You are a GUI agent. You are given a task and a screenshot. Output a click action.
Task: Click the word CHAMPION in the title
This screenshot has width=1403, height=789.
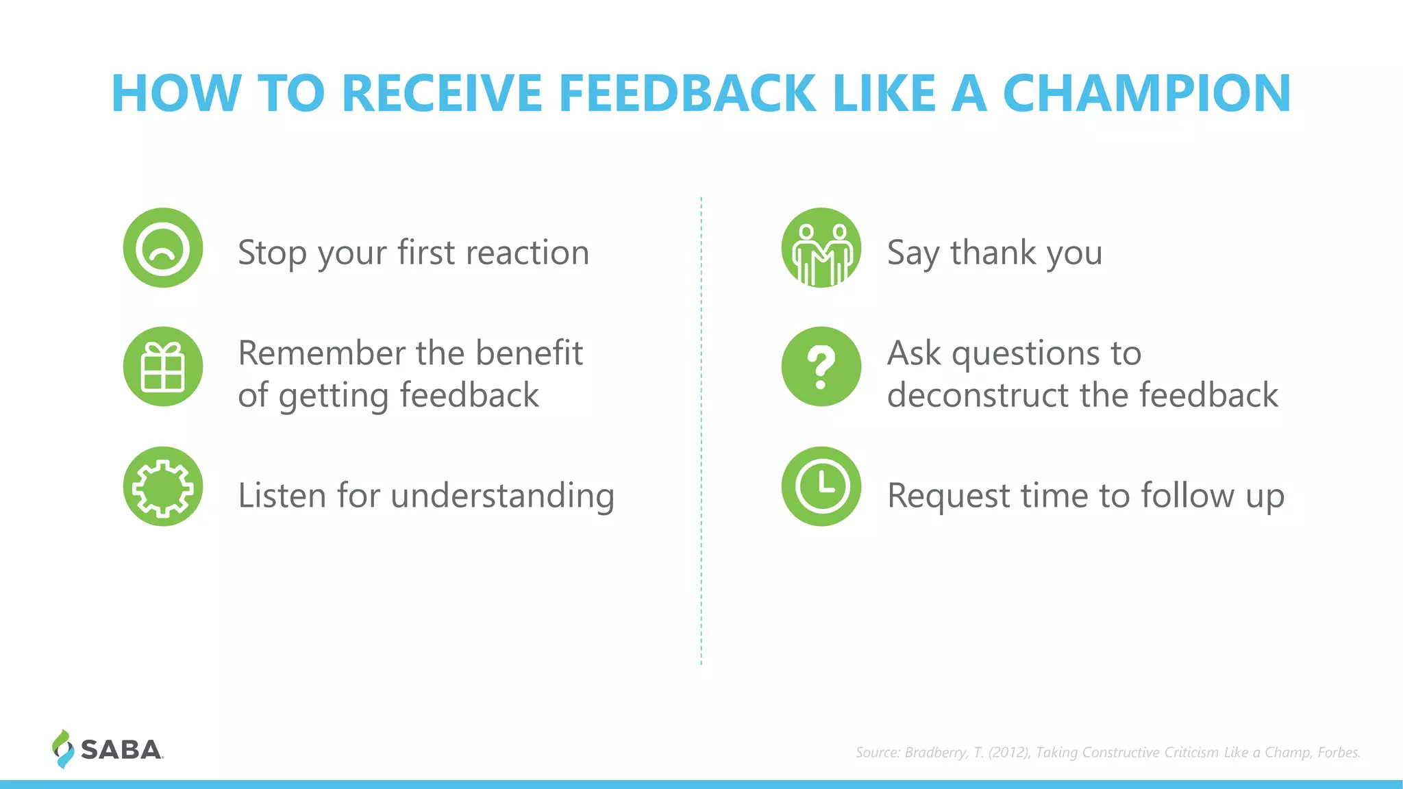[x=1147, y=94]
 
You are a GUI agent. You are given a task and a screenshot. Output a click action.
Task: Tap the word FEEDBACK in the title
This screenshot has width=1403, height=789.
[x=688, y=94]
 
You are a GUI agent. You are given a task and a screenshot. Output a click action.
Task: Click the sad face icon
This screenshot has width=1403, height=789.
[x=163, y=248]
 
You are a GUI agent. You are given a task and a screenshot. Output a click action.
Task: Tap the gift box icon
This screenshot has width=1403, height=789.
[x=163, y=366]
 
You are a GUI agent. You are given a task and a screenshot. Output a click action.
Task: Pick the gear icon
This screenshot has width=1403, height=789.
[x=163, y=486]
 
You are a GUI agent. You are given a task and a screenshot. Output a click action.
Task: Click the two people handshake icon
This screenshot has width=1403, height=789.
[x=821, y=248]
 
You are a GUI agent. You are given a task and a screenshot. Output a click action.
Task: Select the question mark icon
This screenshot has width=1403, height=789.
[x=821, y=366]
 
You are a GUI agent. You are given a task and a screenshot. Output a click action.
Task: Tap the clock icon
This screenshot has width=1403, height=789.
[x=821, y=486]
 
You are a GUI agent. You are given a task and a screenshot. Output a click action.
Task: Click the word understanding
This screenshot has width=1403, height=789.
[x=502, y=496]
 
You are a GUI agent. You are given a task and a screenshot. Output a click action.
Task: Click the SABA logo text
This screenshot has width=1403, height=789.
[x=121, y=750]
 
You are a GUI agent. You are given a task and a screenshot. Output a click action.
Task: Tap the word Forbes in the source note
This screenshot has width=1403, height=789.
[x=1338, y=753]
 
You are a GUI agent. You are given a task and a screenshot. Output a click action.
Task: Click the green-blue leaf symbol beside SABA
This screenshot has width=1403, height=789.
[x=62, y=749]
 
